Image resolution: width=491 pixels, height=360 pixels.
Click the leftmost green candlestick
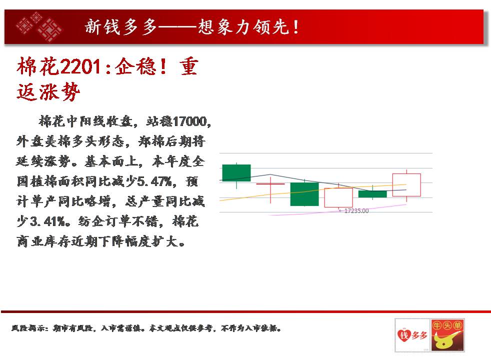(x=236, y=173)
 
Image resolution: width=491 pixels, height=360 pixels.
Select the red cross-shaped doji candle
(x=270, y=184)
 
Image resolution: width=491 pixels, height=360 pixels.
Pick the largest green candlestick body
(x=304, y=194)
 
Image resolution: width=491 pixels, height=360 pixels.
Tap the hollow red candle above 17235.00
(x=338, y=197)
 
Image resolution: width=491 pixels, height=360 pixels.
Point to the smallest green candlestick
(x=372, y=194)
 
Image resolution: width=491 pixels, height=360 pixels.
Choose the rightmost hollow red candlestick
(x=406, y=185)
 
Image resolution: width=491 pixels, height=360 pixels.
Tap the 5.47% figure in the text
(x=154, y=181)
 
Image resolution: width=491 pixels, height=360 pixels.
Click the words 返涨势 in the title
(x=48, y=92)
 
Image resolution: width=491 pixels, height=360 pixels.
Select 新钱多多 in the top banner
(x=121, y=26)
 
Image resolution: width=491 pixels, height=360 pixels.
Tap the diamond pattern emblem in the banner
(x=39, y=27)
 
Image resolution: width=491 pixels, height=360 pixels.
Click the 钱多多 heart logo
(x=412, y=335)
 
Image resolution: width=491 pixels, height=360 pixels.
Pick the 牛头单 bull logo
(x=447, y=335)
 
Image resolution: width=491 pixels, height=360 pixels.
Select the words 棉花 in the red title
(x=38, y=66)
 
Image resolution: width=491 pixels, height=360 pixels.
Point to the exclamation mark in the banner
(x=296, y=26)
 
